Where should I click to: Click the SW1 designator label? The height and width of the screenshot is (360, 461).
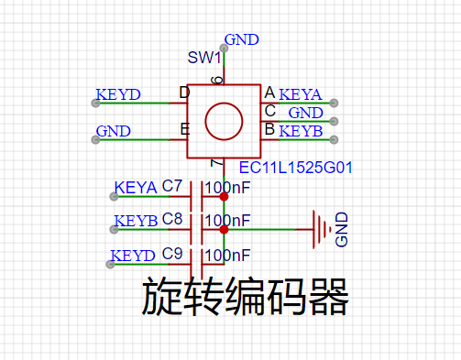coord(204,58)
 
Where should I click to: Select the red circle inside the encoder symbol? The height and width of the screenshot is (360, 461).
coord(224,104)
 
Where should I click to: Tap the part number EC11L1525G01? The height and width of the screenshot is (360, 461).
coord(295,168)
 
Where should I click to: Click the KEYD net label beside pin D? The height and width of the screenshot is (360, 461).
coord(118,94)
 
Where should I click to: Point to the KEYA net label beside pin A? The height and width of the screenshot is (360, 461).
coord(301,94)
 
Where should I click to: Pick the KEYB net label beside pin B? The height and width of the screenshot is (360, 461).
coord(301,131)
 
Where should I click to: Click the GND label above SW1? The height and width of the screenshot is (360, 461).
coord(242,39)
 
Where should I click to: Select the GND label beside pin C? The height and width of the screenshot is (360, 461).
coord(306,113)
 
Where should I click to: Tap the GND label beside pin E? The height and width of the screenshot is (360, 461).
coord(114,131)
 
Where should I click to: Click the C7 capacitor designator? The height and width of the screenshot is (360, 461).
coord(172,186)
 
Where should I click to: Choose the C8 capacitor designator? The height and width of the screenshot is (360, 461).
coord(172,219)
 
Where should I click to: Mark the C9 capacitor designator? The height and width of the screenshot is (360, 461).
coord(172,254)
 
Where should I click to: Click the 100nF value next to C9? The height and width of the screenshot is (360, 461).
coord(227,256)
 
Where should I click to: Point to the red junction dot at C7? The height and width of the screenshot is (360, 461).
coord(224,197)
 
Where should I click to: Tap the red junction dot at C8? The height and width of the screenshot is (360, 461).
coord(224,230)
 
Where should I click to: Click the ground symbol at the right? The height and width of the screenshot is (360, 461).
coord(322,229)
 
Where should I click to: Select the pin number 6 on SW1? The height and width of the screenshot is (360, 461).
coord(217,80)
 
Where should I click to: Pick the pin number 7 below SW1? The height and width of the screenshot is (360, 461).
coord(217,163)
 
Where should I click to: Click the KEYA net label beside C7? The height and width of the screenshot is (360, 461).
coord(136,188)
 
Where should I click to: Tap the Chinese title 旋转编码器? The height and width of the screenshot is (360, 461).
coord(245,297)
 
